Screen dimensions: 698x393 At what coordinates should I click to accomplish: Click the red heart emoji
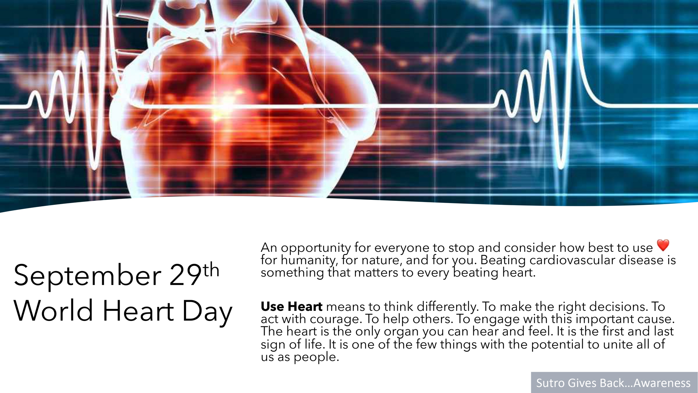pos(663,245)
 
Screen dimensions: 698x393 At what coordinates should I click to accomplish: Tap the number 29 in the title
pos(185,274)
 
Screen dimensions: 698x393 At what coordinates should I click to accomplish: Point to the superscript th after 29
pos(211,270)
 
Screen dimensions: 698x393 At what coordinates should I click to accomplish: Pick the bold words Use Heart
pos(292,307)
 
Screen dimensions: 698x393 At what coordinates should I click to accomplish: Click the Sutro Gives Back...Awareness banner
pos(614,382)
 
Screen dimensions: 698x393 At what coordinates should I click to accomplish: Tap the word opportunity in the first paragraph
pos(316,248)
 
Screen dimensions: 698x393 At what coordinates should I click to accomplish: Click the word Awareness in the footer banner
pos(662,383)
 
